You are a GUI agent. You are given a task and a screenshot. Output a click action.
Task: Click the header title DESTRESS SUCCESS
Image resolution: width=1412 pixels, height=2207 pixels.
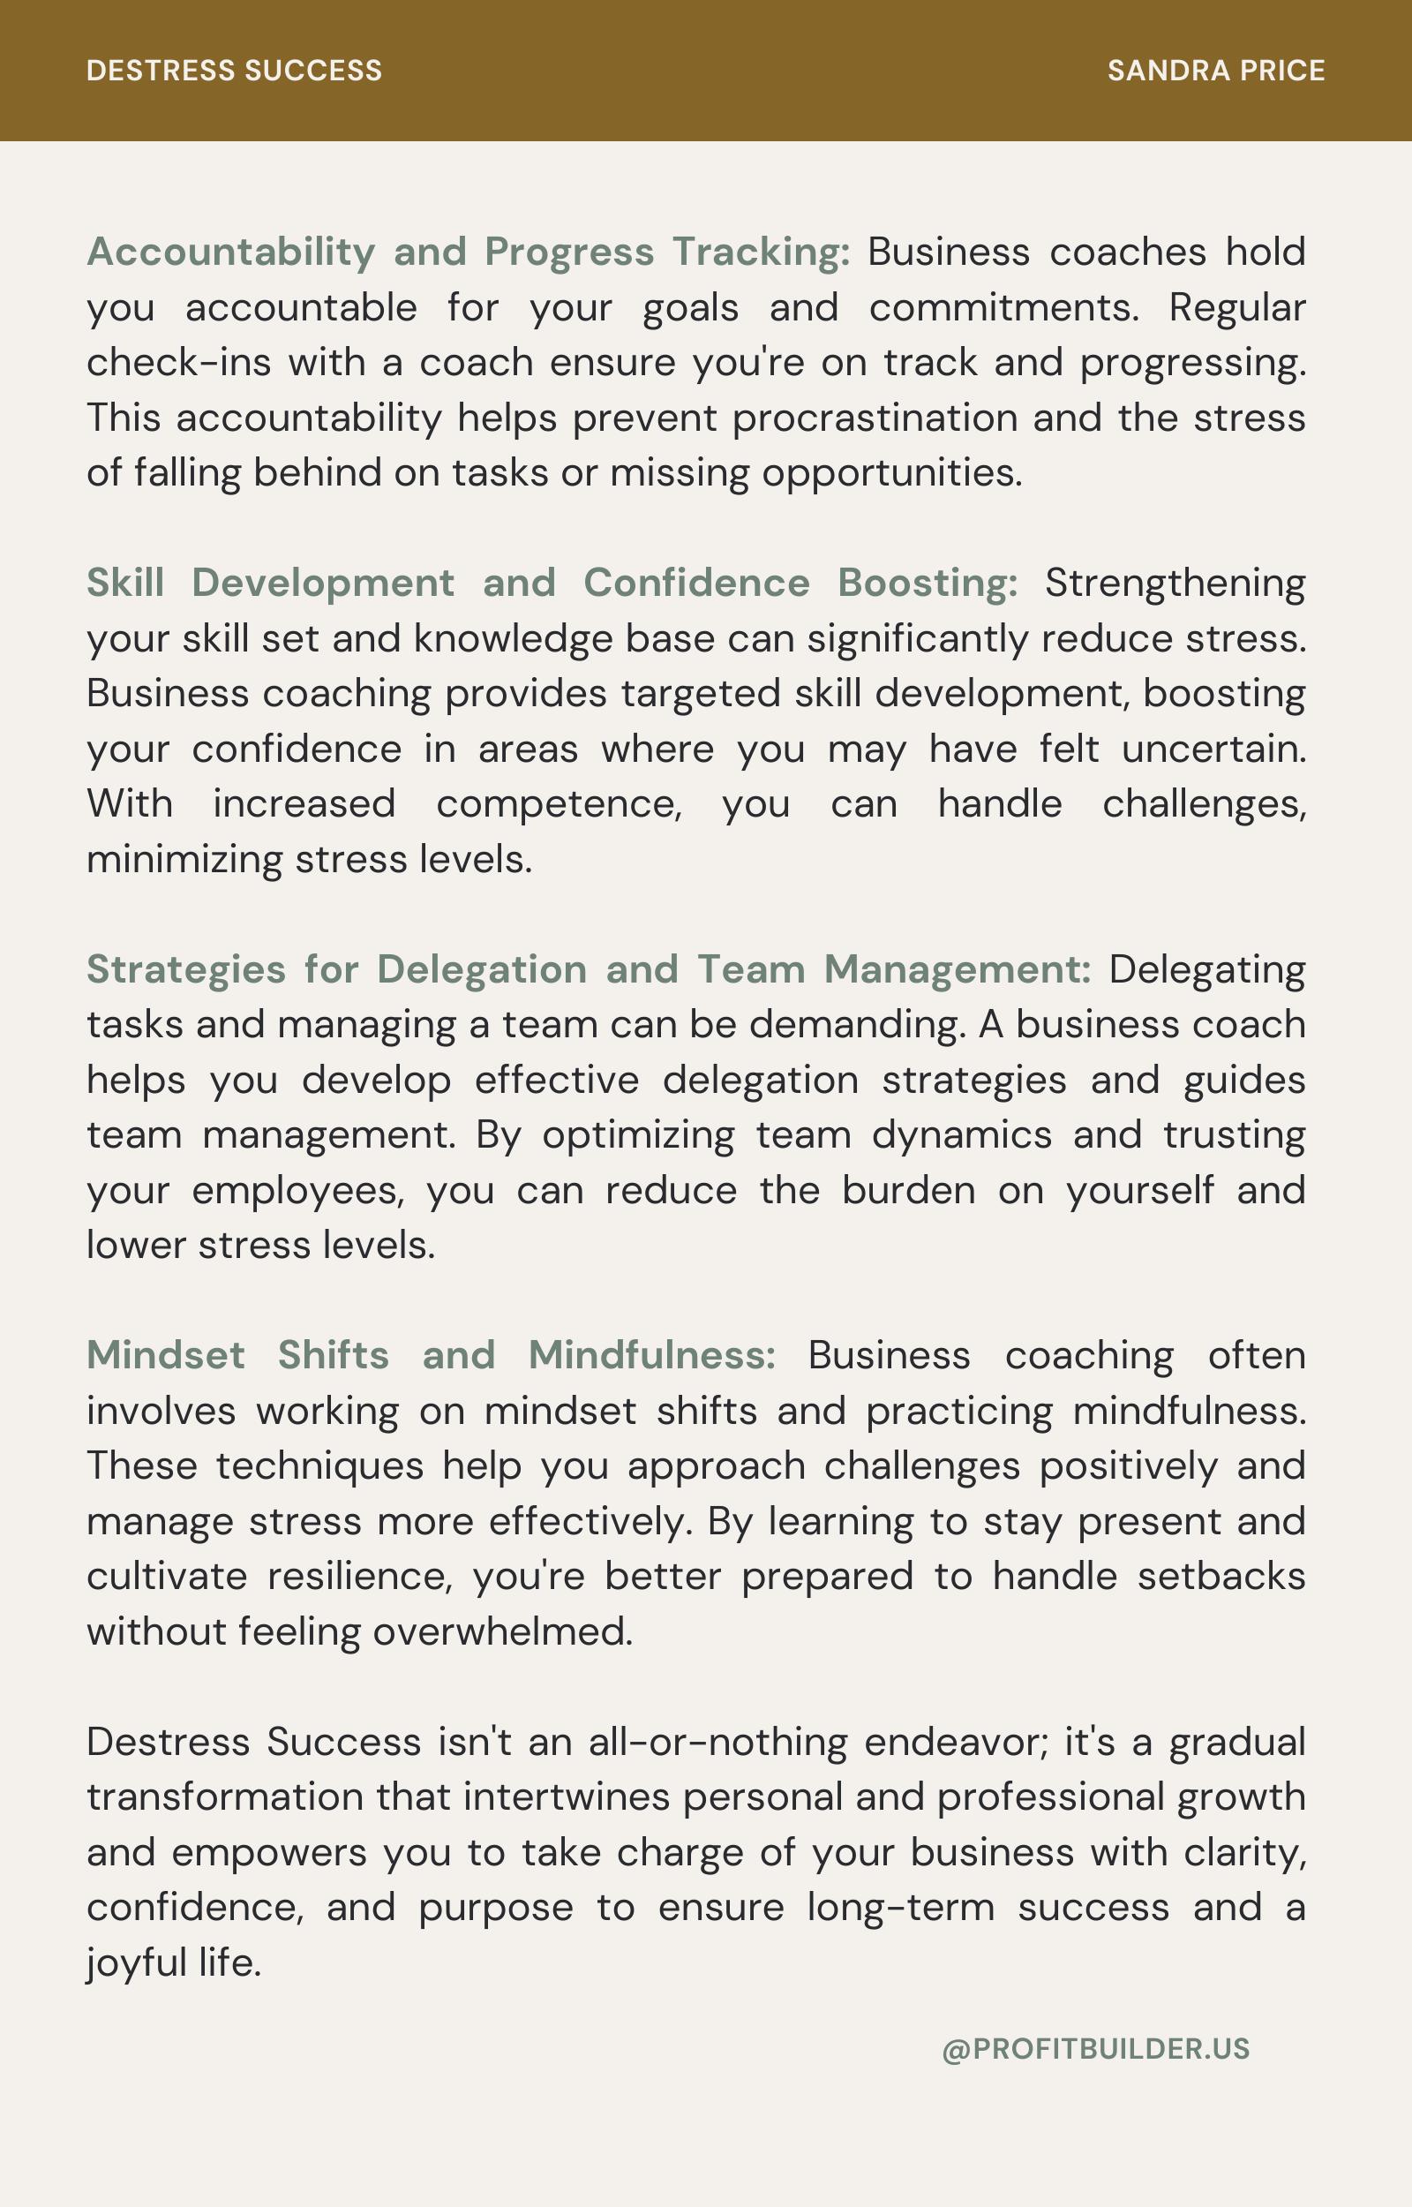pyautogui.click(x=234, y=71)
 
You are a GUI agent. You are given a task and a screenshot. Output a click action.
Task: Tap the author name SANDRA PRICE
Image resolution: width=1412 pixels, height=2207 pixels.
pyautogui.click(x=1216, y=71)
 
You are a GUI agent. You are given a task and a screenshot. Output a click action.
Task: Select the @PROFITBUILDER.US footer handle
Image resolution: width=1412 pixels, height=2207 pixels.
pyautogui.click(x=1096, y=2048)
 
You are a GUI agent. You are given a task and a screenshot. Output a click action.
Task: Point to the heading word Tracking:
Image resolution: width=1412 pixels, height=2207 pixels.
pyautogui.click(x=761, y=252)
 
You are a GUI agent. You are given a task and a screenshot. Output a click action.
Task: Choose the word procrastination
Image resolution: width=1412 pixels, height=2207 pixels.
pyautogui.click(x=875, y=418)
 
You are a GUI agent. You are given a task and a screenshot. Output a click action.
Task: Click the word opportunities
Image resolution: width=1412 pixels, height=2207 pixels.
pyautogui.click(x=891, y=473)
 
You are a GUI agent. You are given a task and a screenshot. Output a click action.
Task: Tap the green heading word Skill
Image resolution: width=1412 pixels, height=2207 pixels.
pyautogui.click(x=125, y=584)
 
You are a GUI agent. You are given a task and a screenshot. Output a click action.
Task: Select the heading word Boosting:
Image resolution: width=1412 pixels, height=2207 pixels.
pyautogui.click(x=927, y=584)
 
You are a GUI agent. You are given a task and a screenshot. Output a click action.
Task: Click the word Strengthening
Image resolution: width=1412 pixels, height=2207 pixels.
pyautogui.click(x=1175, y=584)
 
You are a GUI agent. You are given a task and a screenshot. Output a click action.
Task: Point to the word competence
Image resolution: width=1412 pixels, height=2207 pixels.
pyautogui.click(x=558, y=804)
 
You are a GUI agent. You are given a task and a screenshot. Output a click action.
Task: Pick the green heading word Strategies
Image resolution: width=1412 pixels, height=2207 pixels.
pyautogui.click(x=186, y=969)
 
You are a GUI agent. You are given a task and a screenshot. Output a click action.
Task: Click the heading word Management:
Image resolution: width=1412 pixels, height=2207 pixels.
pyautogui.click(x=958, y=969)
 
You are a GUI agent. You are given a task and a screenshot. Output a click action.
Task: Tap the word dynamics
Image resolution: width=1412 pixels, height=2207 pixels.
pyautogui.click(x=961, y=1135)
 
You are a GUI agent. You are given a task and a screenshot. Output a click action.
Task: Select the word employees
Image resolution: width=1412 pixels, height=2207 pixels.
pyautogui.click(x=297, y=1190)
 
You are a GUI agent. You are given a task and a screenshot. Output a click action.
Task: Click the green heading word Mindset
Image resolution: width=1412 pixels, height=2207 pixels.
pyautogui.click(x=166, y=1355)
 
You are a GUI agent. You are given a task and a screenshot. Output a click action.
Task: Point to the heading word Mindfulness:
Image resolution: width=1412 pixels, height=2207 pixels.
pyautogui.click(x=652, y=1355)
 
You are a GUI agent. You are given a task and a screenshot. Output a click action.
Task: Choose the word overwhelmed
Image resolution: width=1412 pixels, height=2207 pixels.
pyautogui.click(x=502, y=1632)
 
